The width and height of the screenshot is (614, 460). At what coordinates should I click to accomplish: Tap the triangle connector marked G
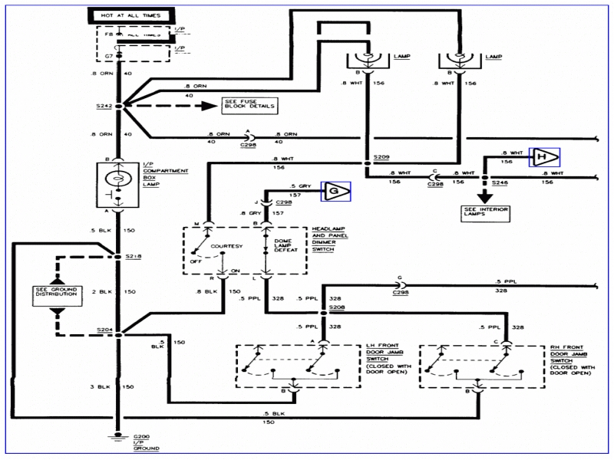(x=335, y=191)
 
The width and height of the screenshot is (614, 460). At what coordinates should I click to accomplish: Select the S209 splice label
(x=381, y=156)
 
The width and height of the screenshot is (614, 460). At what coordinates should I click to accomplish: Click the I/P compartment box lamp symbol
(x=118, y=180)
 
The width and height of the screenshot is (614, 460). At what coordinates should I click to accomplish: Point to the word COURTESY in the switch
(x=228, y=247)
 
